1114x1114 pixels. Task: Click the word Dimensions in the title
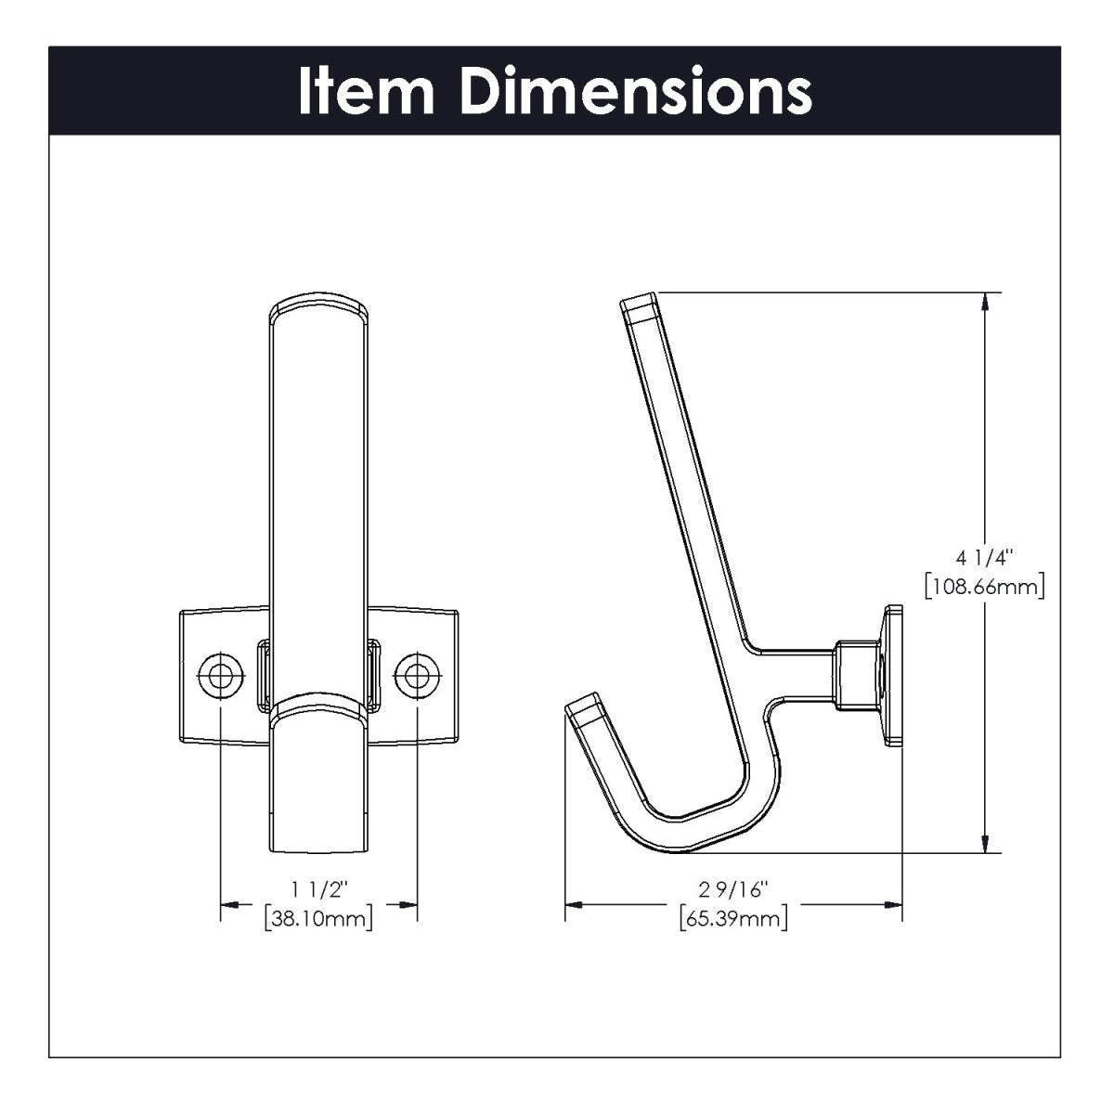pos(636,91)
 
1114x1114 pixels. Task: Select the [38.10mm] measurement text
pos(318,920)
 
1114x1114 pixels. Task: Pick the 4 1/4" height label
pos(985,558)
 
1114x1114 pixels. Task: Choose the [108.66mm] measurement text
pos(985,587)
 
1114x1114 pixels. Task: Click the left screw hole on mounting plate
pos(220,675)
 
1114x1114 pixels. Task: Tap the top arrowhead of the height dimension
pos(985,302)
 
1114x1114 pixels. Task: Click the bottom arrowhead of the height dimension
pos(985,844)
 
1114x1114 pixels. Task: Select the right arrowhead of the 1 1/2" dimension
pos(408,903)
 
